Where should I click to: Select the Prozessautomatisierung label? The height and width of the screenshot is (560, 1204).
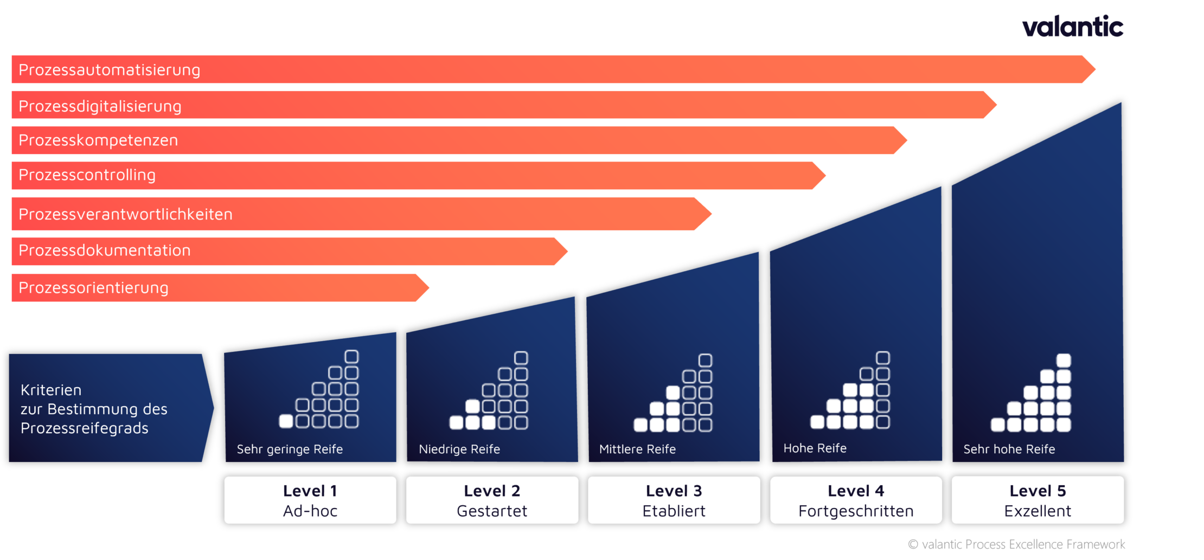(x=109, y=70)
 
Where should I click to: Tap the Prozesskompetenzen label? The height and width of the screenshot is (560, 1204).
(x=98, y=140)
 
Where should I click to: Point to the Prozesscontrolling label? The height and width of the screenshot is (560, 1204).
(x=87, y=175)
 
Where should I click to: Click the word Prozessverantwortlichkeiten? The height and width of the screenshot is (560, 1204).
(x=125, y=214)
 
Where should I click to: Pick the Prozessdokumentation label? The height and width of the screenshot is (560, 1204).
(x=105, y=250)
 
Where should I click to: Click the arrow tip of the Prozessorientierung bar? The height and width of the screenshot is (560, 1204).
(x=424, y=288)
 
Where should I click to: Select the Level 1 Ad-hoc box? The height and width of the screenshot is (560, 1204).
(x=310, y=500)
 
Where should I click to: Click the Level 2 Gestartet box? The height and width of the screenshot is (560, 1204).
(x=492, y=500)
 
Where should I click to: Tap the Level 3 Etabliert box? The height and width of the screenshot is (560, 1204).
(x=674, y=500)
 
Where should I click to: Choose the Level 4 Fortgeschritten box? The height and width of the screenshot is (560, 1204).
(x=856, y=500)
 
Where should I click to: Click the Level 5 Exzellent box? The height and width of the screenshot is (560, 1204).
(x=1038, y=500)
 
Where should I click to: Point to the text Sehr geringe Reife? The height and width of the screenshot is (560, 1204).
(x=290, y=449)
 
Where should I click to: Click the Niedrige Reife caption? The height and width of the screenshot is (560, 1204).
(x=459, y=449)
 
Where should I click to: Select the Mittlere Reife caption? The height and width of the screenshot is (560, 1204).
(x=637, y=449)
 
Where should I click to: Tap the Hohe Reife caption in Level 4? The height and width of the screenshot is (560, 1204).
(x=815, y=448)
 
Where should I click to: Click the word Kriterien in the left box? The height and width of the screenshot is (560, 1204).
(x=51, y=390)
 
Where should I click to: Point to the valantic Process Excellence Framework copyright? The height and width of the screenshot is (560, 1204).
(x=1016, y=544)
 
